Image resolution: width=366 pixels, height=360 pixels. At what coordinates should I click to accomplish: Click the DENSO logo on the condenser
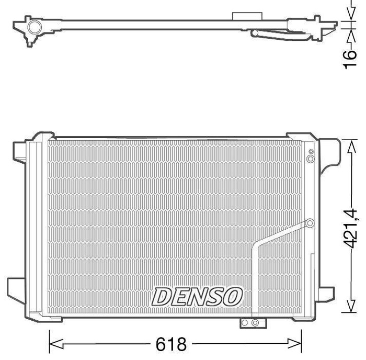point(197,297)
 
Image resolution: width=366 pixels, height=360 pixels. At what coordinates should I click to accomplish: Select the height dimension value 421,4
point(351,229)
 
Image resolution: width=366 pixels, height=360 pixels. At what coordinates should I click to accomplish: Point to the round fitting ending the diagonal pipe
point(310,223)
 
